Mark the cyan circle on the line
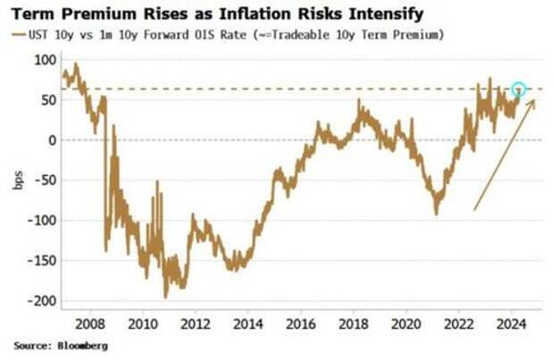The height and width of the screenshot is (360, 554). point(518,89)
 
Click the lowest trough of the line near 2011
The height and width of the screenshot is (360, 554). point(165,297)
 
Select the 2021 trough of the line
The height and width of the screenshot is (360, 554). point(436,213)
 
